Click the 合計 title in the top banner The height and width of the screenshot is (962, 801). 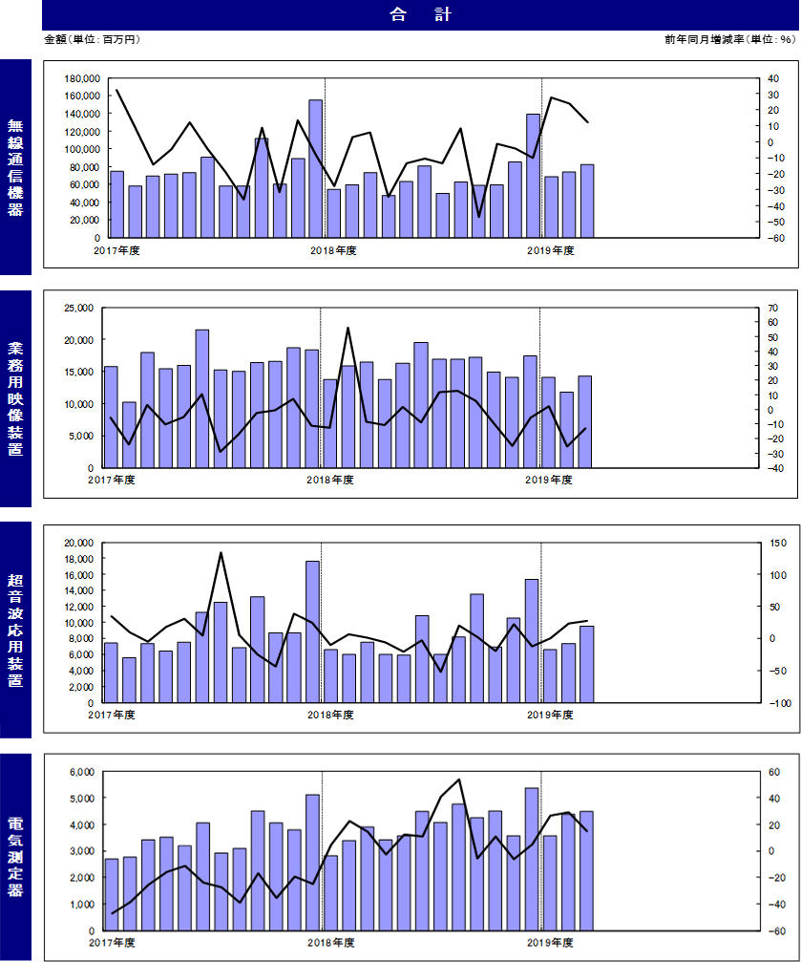420,14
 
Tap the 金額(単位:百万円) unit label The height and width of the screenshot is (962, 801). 92,40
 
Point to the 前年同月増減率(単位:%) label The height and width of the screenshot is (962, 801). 729,40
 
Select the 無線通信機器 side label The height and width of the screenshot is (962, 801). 15,167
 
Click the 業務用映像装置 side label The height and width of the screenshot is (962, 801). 15,398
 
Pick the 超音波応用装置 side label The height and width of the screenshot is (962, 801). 15,631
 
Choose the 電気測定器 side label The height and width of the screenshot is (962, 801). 15,857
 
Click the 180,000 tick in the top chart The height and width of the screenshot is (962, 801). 81,78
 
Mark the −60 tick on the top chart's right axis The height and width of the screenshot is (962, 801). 776,238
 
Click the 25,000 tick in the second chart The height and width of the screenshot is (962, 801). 79,308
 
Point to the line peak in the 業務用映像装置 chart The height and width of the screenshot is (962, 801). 348,328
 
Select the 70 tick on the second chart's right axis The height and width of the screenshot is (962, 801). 772,308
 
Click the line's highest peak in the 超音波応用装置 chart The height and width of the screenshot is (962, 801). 221,553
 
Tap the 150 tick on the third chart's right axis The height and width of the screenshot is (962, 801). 778,543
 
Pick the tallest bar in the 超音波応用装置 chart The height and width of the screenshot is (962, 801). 313,631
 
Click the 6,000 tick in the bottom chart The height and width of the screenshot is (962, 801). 82,772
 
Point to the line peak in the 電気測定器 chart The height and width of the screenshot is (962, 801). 459,780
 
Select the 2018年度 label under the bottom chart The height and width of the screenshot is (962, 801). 331,942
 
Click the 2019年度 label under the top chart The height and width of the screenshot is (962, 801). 551,250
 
